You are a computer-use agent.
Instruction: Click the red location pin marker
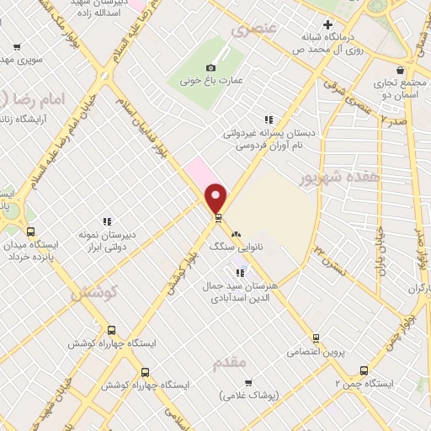point(217,198)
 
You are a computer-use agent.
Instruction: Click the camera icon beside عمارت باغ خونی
point(211,67)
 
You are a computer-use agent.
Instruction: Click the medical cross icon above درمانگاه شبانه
point(327,24)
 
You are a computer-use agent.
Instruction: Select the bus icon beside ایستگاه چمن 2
point(364,370)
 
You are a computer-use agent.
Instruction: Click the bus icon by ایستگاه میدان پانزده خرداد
point(31,231)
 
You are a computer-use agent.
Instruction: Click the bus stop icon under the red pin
point(218,218)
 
